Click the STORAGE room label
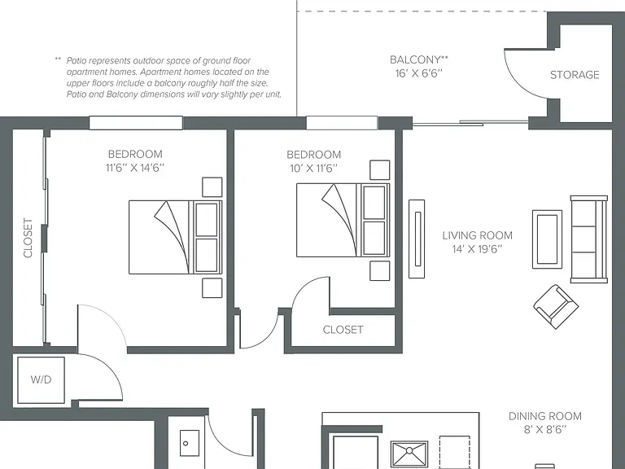pos(575,75)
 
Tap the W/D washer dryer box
pos(41,380)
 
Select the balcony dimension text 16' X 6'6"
pos(419,73)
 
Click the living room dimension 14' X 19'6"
pos(477,249)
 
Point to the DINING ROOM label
pos(545,416)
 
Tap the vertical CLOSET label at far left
pos(28,238)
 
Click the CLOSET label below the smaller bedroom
pos(343,330)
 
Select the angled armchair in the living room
pos(556,306)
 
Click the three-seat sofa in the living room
pos(588,239)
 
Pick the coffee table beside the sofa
pos(547,239)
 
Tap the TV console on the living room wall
pos(417,239)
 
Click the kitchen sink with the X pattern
pos(409,454)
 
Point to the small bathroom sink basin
pos(189,443)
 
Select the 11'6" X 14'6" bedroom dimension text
pos(135,168)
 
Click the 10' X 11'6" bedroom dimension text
pos(313,168)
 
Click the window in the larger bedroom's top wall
pos(136,123)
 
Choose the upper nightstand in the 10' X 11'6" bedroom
pos(379,170)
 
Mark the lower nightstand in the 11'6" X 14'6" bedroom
pos(212,288)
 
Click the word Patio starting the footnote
pos(76,60)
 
